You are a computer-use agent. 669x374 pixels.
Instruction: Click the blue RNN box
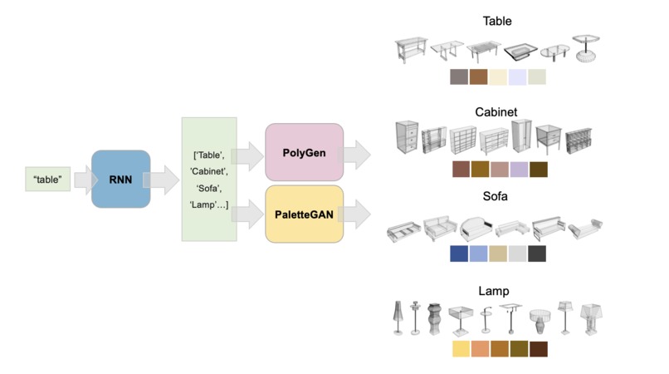(x=120, y=178)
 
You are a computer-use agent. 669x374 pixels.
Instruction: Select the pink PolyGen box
(x=304, y=152)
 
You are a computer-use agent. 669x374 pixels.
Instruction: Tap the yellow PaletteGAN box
(x=304, y=214)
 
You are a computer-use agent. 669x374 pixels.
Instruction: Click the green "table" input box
(x=48, y=179)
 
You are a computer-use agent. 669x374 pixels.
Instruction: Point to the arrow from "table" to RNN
(x=83, y=179)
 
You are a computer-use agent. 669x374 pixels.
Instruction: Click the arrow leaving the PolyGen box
(x=358, y=153)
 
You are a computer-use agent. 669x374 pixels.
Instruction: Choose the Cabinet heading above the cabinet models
(x=496, y=111)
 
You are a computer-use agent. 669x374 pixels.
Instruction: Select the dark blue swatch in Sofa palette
(x=459, y=254)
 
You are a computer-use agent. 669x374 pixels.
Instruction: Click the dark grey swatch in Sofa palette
(x=537, y=254)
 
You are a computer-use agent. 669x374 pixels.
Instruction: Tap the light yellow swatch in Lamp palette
(x=461, y=349)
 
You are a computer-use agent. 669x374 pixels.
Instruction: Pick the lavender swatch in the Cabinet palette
(x=519, y=170)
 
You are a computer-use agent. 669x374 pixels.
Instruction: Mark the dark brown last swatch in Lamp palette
(x=538, y=349)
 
